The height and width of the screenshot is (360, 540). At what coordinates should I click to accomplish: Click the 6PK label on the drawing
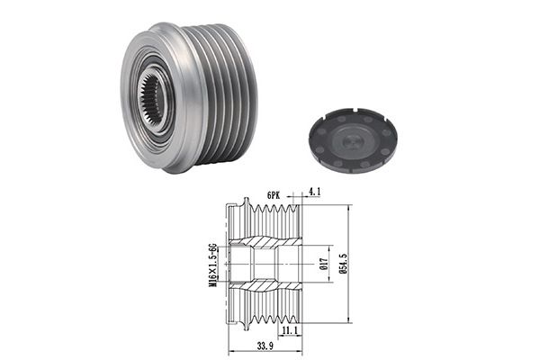click(x=274, y=195)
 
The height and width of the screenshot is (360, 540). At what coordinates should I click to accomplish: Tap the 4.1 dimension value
click(x=314, y=192)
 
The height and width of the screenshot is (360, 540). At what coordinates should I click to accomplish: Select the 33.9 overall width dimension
click(x=265, y=346)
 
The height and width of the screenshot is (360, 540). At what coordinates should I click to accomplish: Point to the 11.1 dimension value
click(x=290, y=330)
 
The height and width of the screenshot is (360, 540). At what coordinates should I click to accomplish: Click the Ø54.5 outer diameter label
click(x=344, y=264)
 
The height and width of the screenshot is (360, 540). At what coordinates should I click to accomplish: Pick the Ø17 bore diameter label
click(x=323, y=264)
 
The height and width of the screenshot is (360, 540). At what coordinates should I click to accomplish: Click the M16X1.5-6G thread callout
click(x=213, y=265)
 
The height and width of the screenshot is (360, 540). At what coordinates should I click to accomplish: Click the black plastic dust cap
click(x=353, y=139)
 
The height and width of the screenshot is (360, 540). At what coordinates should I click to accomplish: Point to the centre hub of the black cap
click(x=353, y=139)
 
